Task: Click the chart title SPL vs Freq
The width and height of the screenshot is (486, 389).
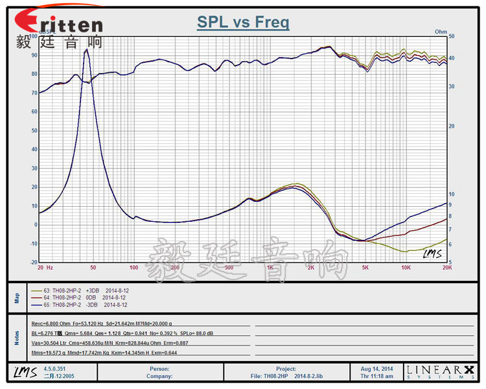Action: [x=243, y=23]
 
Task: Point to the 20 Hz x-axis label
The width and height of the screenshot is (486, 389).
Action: [x=45, y=267]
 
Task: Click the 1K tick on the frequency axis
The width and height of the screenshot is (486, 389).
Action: [x=270, y=267]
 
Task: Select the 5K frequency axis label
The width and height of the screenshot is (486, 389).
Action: [x=365, y=267]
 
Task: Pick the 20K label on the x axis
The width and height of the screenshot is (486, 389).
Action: [x=446, y=267]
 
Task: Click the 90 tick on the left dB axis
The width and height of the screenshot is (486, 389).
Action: [x=34, y=55]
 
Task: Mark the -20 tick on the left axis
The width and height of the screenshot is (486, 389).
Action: [x=33, y=263]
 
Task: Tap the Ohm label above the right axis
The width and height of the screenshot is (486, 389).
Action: [x=441, y=31]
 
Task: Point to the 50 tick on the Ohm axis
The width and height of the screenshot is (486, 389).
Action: [x=451, y=36]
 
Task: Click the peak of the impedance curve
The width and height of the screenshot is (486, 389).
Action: [x=87, y=49]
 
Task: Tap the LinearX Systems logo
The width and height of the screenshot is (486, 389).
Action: [x=440, y=371]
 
